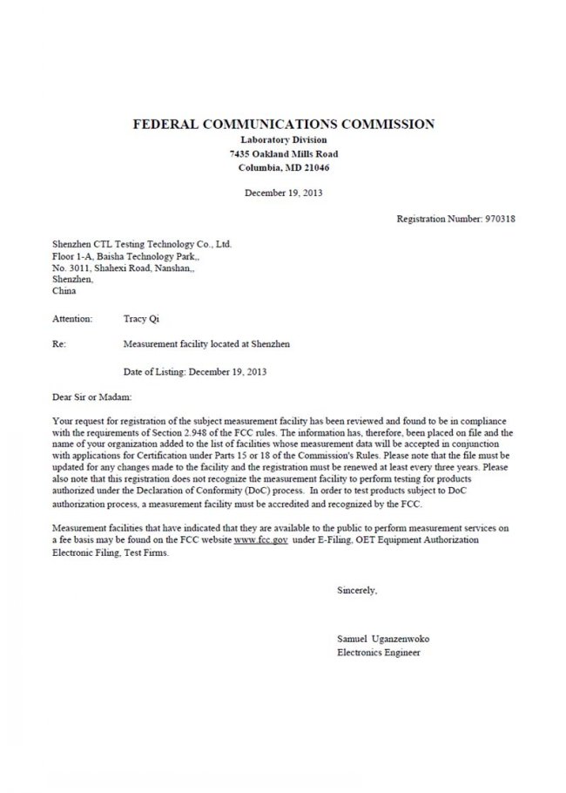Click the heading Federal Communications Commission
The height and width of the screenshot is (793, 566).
click(x=283, y=124)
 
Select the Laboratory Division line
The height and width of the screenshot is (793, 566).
click(x=283, y=139)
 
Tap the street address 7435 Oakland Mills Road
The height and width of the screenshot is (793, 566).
click(x=283, y=153)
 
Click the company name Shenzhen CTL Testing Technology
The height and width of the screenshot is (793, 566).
click(x=141, y=245)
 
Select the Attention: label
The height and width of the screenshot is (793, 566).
click(x=72, y=320)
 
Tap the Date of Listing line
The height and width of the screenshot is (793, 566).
click(x=195, y=371)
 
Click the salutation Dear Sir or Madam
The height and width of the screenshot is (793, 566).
click(x=92, y=396)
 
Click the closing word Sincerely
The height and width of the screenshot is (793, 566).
click(x=357, y=591)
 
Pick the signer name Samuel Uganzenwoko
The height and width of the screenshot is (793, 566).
click(x=382, y=639)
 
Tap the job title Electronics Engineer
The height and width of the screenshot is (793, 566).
click(x=378, y=652)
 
